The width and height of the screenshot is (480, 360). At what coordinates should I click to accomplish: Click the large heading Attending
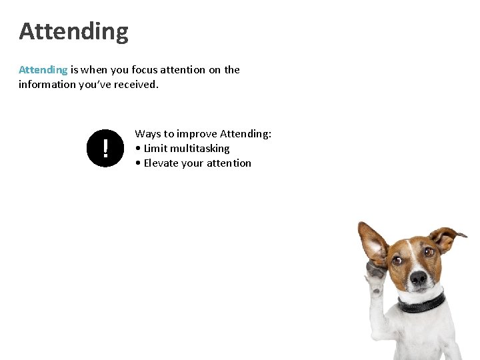(x=73, y=31)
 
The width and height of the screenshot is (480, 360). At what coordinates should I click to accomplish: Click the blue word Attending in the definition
(x=43, y=69)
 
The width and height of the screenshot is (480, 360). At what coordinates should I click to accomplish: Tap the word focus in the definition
(x=146, y=69)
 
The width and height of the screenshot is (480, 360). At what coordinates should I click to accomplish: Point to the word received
(x=135, y=84)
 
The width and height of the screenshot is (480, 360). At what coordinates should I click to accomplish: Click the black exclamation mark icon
(x=105, y=148)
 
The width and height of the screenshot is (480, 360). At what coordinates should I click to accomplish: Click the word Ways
(x=148, y=134)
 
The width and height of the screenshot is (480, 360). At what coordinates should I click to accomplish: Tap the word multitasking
(x=199, y=149)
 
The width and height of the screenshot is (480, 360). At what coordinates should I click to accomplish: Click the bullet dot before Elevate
(x=137, y=163)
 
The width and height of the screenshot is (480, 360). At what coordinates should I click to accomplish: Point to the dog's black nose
(x=418, y=278)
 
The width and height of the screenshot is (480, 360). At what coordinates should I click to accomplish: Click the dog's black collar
(x=421, y=304)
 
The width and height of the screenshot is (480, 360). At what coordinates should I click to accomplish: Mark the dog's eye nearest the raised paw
(x=397, y=259)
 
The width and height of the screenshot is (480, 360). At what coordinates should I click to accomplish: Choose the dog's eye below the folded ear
(x=429, y=252)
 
